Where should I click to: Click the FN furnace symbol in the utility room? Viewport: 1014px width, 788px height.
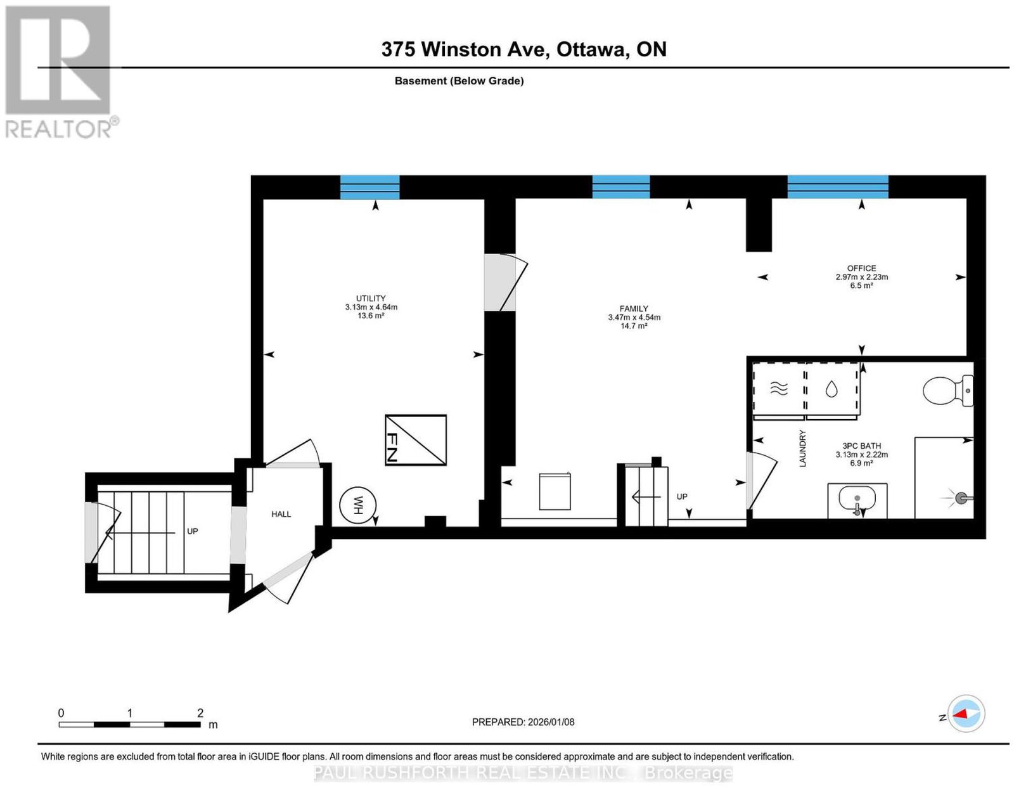point(415,439)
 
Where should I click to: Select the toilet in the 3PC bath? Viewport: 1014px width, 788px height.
point(947,390)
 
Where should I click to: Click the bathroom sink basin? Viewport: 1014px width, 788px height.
point(857,499)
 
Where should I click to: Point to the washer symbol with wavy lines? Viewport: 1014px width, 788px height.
point(779,388)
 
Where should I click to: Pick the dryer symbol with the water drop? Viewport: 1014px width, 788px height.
point(831,389)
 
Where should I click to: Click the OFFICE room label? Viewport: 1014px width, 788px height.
point(861,268)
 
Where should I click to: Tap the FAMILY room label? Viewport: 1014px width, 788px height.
point(634,308)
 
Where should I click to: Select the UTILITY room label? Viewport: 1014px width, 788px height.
point(371,298)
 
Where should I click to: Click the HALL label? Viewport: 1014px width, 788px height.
point(281,514)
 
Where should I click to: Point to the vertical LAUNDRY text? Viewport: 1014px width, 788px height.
point(802,448)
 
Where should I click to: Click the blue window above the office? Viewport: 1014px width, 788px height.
point(838,187)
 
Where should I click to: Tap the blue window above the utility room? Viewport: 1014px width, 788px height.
point(369,187)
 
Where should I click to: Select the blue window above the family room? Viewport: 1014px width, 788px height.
point(621,187)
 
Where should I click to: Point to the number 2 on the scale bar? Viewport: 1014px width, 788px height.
point(200,713)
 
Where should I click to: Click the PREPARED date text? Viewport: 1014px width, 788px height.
point(523,721)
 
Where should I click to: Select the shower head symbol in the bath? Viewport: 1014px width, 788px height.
point(959,499)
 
